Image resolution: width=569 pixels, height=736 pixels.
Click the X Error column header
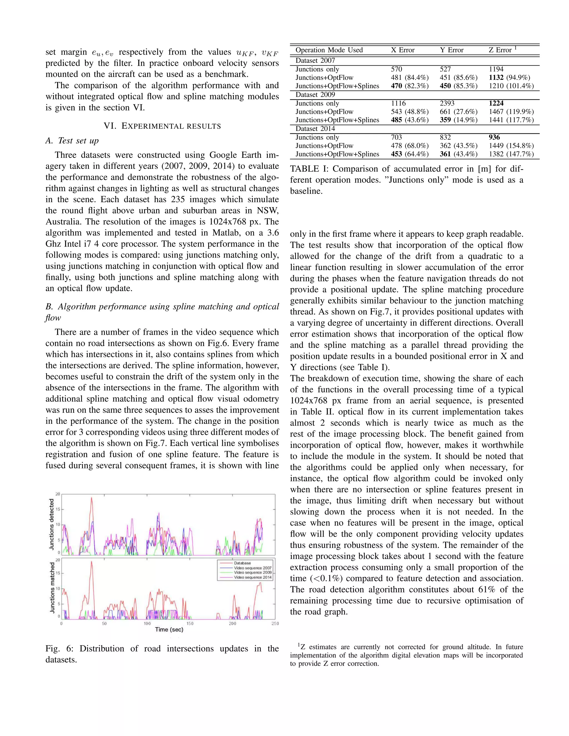coord(403,50)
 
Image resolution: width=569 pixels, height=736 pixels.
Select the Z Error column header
coord(500,50)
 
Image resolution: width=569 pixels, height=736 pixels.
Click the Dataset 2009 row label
coord(315,95)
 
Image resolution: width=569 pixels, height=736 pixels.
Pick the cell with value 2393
coord(447,104)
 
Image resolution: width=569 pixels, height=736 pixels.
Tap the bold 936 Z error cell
coord(494,137)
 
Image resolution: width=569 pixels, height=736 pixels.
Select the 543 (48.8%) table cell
coord(410,112)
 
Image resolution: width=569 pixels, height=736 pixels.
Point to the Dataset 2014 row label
coord(315,129)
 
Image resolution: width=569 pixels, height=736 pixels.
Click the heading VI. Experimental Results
coord(162,126)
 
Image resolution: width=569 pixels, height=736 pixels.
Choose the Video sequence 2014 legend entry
coord(253,577)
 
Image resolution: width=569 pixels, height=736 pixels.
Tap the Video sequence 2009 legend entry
coord(253,573)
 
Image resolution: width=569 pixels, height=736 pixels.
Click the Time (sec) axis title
coord(169,630)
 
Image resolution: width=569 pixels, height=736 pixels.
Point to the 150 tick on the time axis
coord(190,624)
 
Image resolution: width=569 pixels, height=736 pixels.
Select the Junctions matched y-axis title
coord(52,587)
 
